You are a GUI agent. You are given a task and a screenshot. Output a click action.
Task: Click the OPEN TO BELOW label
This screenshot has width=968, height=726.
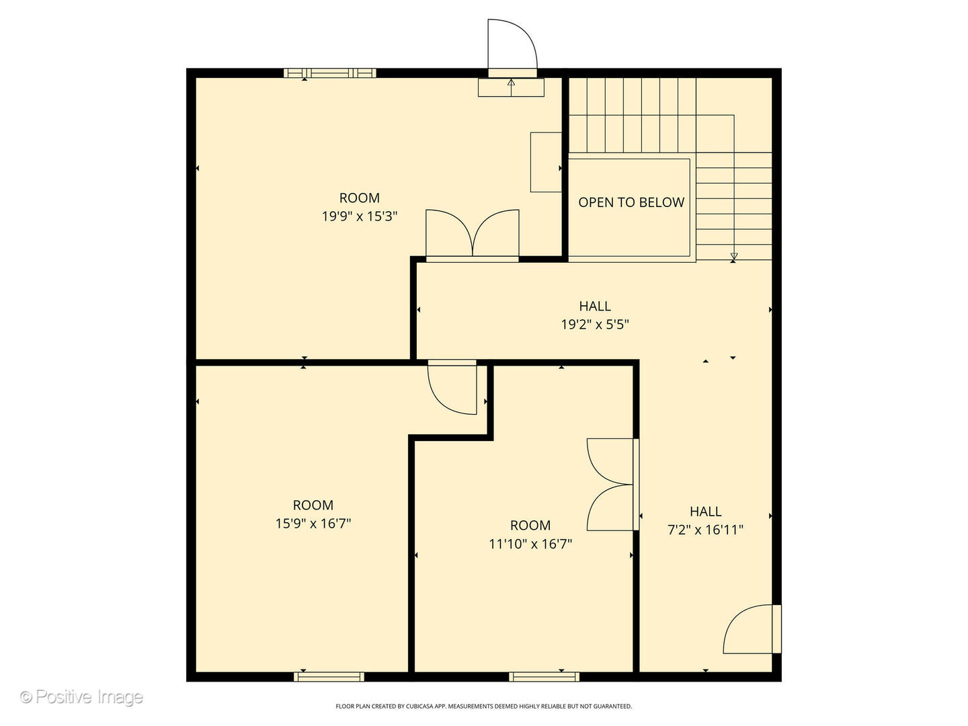(x=631, y=202)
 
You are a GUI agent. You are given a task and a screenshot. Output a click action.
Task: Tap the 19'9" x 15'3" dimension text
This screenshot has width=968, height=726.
(x=360, y=216)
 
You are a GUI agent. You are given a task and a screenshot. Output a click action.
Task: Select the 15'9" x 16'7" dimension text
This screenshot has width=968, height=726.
(x=313, y=523)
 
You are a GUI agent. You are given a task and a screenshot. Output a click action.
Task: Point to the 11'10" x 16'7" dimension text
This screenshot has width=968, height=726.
(x=530, y=544)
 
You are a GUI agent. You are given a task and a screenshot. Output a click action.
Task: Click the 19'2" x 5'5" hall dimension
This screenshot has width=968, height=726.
(x=595, y=325)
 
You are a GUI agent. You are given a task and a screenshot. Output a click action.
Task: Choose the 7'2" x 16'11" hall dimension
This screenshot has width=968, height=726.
(x=705, y=530)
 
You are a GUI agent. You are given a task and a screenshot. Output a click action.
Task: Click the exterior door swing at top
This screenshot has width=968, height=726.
(x=512, y=46)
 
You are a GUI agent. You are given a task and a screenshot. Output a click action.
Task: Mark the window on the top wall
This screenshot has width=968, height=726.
(x=329, y=73)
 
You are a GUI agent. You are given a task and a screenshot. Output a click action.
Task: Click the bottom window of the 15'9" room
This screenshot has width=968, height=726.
(x=329, y=676)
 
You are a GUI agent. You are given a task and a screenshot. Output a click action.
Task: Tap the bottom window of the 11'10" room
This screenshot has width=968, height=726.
(x=544, y=676)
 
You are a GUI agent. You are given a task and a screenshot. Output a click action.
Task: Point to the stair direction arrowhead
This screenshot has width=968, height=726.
(x=733, y=256)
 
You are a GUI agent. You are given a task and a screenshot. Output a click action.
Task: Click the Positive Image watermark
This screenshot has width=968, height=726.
(x=81, y=697)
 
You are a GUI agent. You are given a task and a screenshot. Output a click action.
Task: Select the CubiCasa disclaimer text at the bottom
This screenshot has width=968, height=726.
(x=483, y=707)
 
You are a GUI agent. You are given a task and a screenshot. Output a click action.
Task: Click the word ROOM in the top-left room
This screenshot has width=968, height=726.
(x=360, y=198)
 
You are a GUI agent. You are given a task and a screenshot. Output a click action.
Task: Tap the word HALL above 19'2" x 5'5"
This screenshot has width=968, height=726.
(x=595, y=307)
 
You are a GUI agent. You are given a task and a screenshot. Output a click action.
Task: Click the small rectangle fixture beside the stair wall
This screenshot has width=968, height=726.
(x=546, y=162)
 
